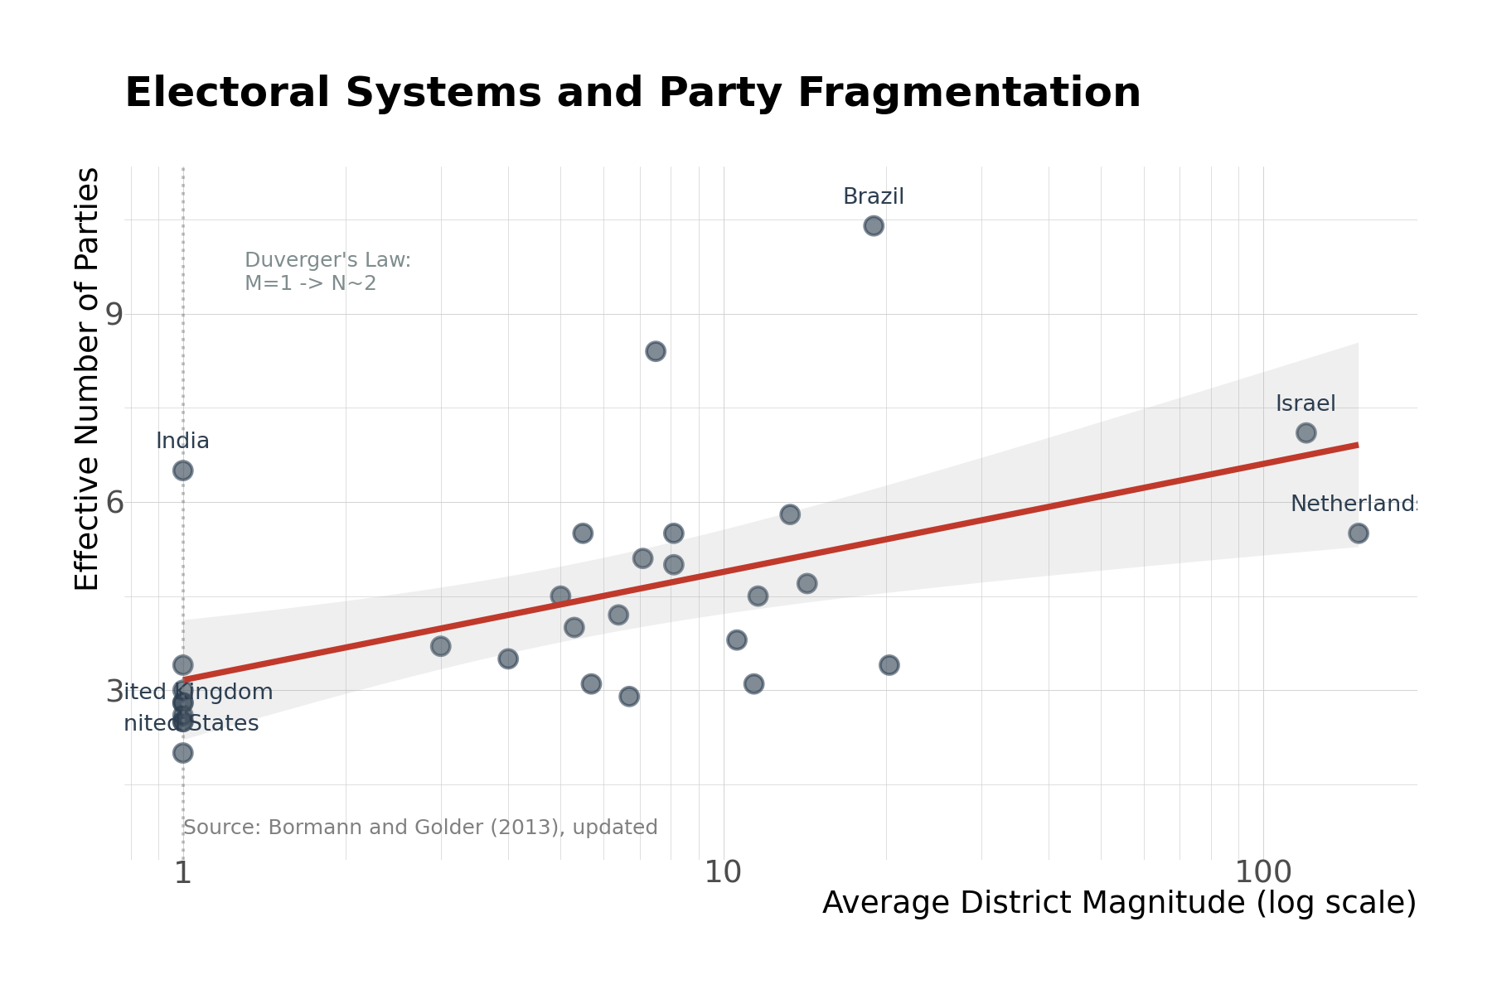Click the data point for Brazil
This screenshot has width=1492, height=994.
[x=874, y=225]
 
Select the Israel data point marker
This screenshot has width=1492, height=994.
[x=1306, y=432]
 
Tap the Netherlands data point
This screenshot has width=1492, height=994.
[x=1358, y=533]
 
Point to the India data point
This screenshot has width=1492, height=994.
[x=183, y=470]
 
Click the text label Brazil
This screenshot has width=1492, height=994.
[x=874, y=197]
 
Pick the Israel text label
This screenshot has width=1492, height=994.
[x=1305, y=404]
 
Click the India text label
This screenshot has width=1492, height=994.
[x=183, y=442]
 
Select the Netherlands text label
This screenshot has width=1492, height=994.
[x=1354, y=504]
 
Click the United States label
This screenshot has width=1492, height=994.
[x=191, y=723]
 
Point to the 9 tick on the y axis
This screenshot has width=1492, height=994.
[x=114, y=315]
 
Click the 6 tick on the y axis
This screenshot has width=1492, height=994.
[x=114, y=502]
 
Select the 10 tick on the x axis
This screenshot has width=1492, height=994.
[x=723, y=872]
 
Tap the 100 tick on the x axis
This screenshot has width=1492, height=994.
[x=1262, y=872]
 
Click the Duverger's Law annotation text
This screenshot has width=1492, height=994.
[x=327, y=272]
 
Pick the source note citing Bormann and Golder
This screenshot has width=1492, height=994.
[x=420, y=828]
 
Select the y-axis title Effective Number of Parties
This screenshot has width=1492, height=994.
[x=87, y=379]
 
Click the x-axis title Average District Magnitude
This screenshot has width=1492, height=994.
[x=1119, y=903]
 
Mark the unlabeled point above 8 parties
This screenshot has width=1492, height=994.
[x=656, y=350]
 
